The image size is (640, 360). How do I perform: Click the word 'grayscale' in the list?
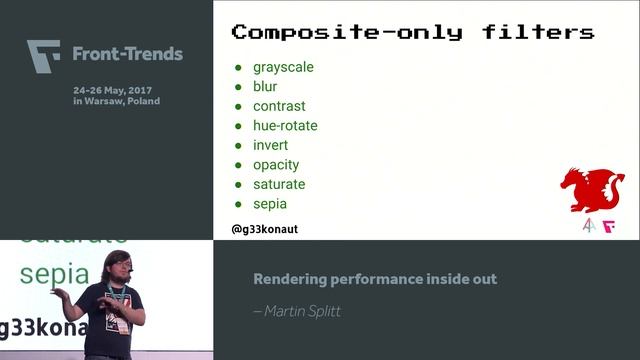(283, 67)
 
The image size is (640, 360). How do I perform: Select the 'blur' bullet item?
(265, 87)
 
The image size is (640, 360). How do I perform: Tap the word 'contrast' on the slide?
(279, 106)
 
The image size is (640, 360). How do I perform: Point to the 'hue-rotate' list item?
(285, 126)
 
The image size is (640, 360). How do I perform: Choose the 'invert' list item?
(270, 145)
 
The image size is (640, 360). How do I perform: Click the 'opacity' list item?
(276, 165)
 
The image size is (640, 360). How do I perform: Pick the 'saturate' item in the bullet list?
(279, 184)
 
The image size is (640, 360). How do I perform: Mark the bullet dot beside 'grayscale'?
(239, 68)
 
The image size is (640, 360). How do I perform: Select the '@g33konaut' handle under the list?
(265, 229)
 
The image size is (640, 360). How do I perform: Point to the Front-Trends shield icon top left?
(44, 54)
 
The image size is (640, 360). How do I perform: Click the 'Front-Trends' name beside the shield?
(127, 54)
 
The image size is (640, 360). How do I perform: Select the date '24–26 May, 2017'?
(116, 89)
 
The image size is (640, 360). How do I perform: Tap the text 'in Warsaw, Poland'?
(116, 101)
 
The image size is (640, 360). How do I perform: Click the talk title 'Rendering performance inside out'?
(375, 279)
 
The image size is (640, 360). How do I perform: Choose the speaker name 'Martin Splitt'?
(299, 311)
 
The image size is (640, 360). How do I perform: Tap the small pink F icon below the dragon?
(608, 226)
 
